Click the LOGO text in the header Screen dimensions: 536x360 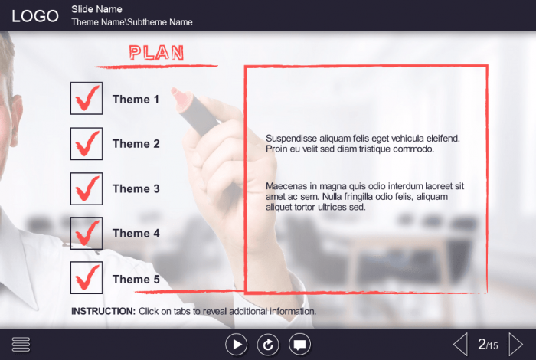pos(35,16)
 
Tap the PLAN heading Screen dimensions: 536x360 pos(156,53)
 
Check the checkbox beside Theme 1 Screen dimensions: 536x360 pos(87,98)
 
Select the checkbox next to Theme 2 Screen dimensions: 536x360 pos(87,143)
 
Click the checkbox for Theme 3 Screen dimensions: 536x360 pos(87,188)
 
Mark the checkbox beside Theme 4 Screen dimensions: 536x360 pos(87,233)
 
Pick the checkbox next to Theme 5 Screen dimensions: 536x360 pos(87,277)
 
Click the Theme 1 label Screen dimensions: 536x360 pos(136,100)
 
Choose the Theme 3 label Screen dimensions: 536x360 pos(136,188)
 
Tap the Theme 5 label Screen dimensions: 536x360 pos(136,280)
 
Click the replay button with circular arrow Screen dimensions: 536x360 pos(268,344)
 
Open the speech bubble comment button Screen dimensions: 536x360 pos(300,344)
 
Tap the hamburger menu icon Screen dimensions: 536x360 pos(21,344)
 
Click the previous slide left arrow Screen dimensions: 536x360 pos(460,344)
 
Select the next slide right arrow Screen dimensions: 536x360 pos(515,344)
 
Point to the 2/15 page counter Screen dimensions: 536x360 pos(488,344)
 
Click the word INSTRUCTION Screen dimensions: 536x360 pos(103,311)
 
